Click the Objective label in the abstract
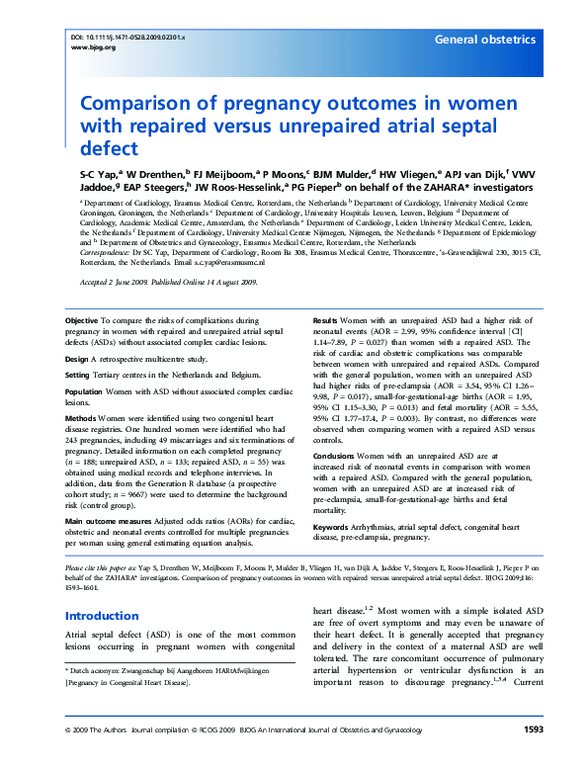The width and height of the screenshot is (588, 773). (81, 321)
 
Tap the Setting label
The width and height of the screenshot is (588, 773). (78, 375)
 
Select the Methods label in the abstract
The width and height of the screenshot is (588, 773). (81, 417)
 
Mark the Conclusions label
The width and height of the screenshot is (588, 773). (339, 454)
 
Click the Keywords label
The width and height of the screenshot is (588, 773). (334, 528)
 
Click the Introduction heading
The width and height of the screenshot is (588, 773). (102, 615)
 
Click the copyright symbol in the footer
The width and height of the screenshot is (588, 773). (67, 757)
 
